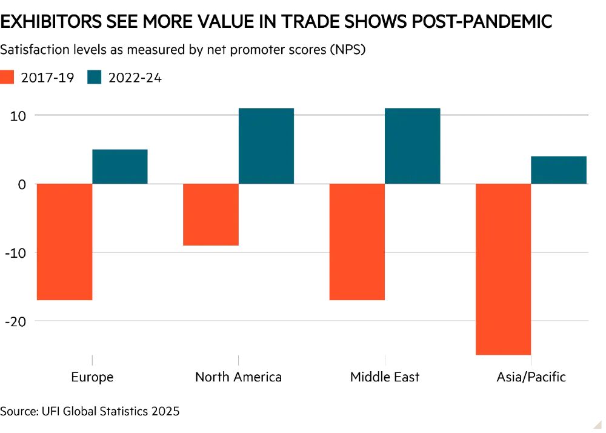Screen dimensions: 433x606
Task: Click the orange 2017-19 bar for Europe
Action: tap(64, 241)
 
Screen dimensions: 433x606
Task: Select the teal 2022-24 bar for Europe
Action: tap(120, 167)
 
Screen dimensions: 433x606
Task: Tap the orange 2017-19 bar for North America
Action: tap(211, 214)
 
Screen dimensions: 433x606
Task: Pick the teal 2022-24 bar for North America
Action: tap(266, 146)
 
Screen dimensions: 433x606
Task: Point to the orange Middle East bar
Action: tap(357, 241)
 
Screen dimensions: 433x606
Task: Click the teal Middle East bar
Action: tap(412, 146)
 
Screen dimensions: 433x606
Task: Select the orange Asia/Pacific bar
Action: tap(503, 269)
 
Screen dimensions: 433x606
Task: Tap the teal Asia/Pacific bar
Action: tap(559, 170)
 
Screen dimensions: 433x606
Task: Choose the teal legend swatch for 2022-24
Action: tap(95, 78)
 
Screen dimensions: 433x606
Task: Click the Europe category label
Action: tap(92, 377)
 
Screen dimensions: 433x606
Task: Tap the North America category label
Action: tap(238, 377)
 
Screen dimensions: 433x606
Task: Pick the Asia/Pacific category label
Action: tap(531, 377)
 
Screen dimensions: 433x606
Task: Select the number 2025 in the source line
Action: tap(165, 411)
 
